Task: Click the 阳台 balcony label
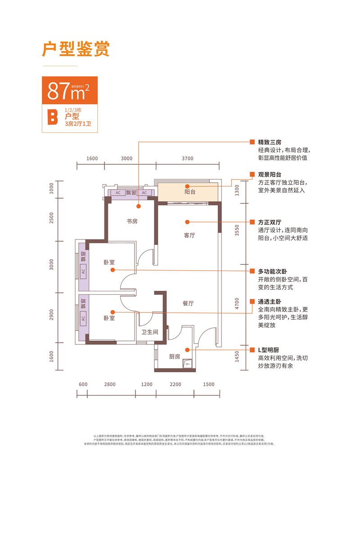click(190, 192)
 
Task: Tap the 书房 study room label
click(132, 221)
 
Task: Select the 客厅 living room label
click(189, 235)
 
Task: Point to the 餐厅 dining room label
click(188, 303)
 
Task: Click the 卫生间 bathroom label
click(150, 332)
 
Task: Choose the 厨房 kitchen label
click(175, 356)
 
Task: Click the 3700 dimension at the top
click(188, 158)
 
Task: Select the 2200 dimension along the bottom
click(175, 384)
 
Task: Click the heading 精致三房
click(270, 142)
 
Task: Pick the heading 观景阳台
click(270, 175)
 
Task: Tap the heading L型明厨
click(270, 350)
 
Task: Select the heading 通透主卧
click(270, 301)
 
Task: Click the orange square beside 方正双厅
click(252, 222)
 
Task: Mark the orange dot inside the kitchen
click(187, 349)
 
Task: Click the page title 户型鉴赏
click(76, 50)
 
